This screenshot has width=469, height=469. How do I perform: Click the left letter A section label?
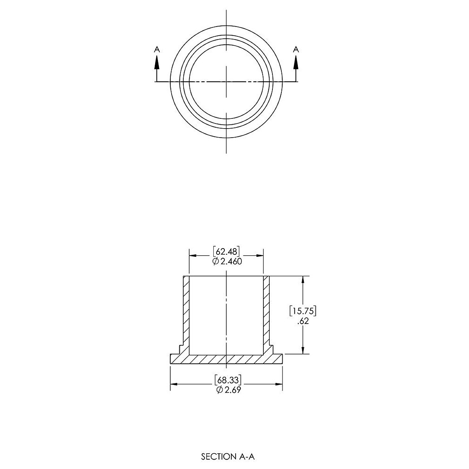click(x=157, y=49)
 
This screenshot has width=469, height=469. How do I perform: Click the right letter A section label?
click(x=296, y=49)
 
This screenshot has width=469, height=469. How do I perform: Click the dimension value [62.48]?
click(x=226, y=251)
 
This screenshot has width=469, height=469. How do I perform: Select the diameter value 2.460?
click(x=231, y=261)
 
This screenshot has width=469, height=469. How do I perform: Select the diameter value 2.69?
click(x=231, y=390)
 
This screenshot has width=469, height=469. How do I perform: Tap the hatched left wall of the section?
click(x=186, y=313)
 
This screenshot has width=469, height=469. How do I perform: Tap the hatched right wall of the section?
click(x=267, y=313)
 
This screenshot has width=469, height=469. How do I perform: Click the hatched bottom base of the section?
click(x=226, y=360)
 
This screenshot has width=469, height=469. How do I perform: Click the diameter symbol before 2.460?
click(x=215, y=261)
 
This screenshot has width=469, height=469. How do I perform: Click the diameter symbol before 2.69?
click(x=219, y=390)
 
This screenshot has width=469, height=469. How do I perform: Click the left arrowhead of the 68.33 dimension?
click(x=173, y=385)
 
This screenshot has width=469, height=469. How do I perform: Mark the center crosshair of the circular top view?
click(x=226, y=81)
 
